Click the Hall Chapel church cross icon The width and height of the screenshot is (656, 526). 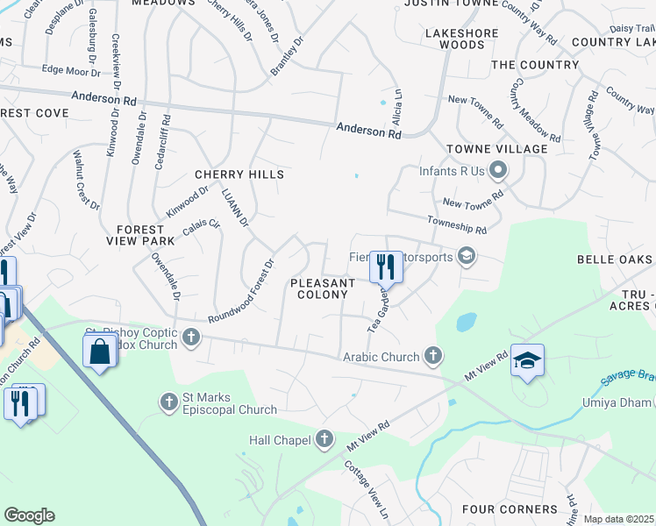pos(324,438)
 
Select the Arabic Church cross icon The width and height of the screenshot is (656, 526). pos(431,356)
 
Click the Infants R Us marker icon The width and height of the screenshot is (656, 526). pos(499,169)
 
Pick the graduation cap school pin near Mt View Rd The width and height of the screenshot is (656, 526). pos(527,361)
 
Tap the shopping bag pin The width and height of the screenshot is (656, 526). pos(100,352)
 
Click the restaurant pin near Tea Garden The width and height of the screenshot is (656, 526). pos(385,267)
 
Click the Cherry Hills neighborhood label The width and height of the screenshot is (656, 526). pos(239,174)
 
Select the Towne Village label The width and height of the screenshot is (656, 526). pos(496,149)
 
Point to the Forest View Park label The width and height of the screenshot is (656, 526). pos(141,235)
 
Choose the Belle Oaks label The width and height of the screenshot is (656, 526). pos(615,259)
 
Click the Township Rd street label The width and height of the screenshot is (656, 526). pos(457,226)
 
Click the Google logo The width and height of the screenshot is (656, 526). pos(29,515)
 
